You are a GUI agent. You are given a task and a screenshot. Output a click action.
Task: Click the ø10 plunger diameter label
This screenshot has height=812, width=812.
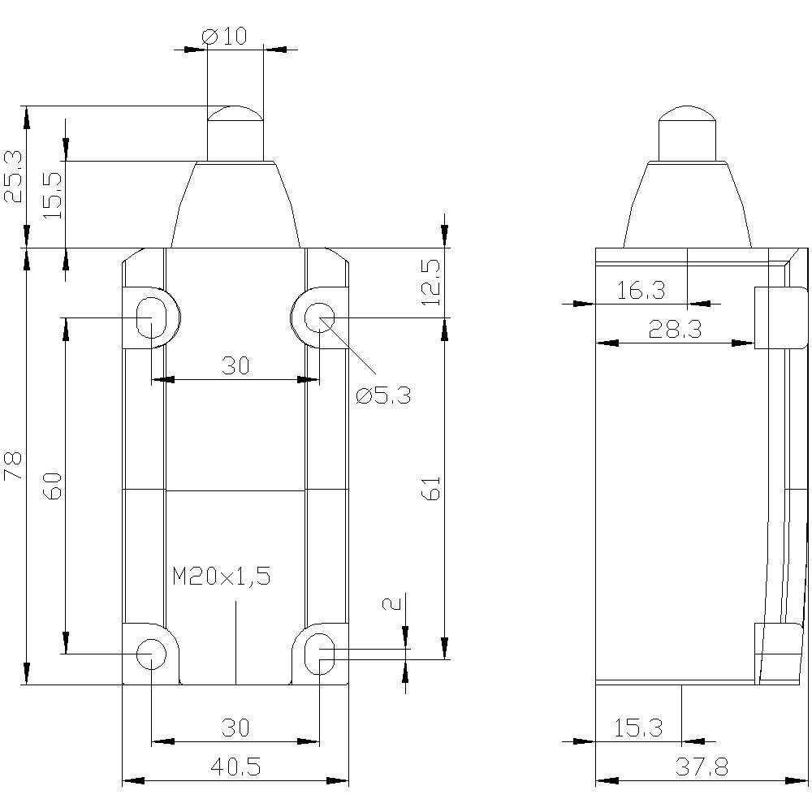point(223,36)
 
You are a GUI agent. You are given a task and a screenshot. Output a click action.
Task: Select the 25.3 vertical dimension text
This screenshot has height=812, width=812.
point(15,176)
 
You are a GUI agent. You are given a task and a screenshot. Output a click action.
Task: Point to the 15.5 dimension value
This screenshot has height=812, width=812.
point(52,194)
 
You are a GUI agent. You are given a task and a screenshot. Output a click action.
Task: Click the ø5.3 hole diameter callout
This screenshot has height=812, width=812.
point(384,395)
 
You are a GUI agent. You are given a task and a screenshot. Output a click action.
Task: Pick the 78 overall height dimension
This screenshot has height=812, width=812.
point(15,466)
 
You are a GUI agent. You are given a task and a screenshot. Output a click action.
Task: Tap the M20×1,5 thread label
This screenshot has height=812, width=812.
point(221,577)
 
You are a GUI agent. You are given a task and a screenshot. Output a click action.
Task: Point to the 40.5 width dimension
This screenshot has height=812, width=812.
point(235,766)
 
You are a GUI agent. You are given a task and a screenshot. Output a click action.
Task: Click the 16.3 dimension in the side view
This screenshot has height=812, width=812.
point(641,290)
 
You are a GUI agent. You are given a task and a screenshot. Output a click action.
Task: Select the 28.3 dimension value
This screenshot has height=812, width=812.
point(675,329)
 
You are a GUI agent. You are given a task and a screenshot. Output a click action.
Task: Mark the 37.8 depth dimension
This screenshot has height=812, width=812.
point(701,766)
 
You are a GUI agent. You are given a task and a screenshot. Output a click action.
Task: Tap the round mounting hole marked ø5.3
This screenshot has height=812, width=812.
point(320,317)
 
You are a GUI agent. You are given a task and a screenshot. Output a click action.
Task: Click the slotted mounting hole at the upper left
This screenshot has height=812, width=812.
point(150,317)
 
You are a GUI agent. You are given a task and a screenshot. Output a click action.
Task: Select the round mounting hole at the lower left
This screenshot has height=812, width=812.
point(151,653)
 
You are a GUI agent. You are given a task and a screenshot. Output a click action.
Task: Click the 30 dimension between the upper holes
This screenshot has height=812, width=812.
point(235,366)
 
